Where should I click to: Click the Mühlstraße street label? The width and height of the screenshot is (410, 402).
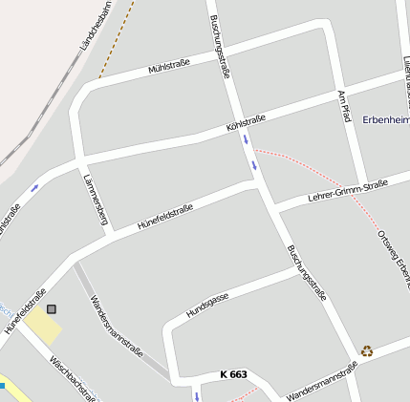click(x=169, y=65)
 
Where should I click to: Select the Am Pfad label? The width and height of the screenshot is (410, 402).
click(x=344, y=106)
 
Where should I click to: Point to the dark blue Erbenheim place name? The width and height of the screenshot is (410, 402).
click(x=385, y=119)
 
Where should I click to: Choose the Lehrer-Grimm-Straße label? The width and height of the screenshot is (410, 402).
click(x=348, y=189)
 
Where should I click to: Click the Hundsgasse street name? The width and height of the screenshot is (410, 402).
click(x=207, y=306)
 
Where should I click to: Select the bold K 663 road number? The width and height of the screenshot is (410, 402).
click(x=233, y=374)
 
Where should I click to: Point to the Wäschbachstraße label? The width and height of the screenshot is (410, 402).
click(x=72, y=378)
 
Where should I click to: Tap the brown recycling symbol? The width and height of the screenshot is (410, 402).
click(x=367, y=350)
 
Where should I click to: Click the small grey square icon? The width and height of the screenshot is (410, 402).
click(x=51, y=308)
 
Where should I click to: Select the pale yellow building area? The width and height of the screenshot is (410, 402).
click(x=43, y=328)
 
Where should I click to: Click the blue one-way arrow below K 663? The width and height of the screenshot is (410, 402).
click(x=198, y=394)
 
